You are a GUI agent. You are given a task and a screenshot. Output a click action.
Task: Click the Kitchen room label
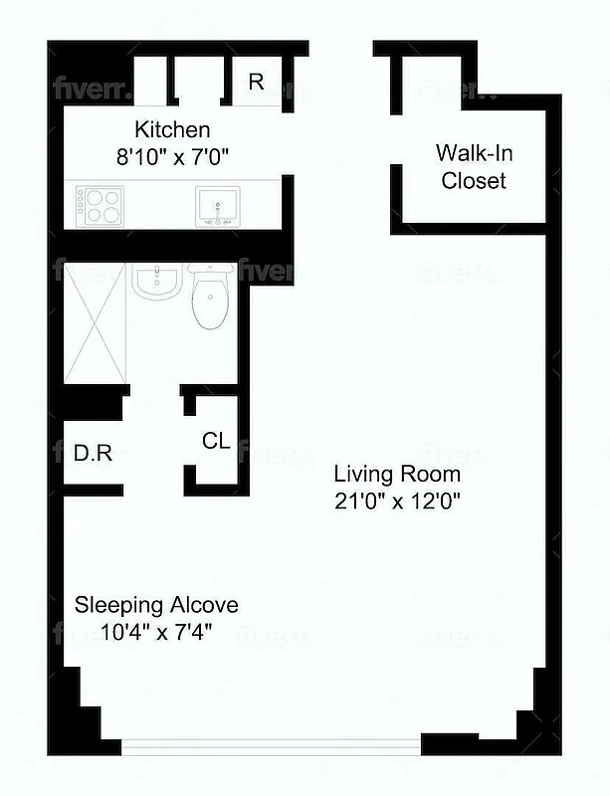click(172, 129)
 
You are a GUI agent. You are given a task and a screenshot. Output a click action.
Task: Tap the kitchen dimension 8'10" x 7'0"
click(172, 155)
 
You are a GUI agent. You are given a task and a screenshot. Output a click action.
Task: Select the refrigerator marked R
click(256, 82)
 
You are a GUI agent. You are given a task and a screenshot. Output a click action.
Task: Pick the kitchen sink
click(216, 207)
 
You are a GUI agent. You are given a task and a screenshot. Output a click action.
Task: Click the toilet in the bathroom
click(209, 297)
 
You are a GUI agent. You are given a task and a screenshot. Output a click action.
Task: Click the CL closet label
click(216, 441)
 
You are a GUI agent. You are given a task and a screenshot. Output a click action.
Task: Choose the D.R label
click(93, 455)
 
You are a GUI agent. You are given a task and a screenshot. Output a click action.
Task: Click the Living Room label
click(396, 474)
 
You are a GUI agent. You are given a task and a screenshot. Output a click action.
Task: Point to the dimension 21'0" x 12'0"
click(396, 500)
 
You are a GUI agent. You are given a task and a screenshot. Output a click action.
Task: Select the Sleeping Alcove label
click(157, 605)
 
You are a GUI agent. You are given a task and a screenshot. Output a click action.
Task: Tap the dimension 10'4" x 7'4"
click(157, 631)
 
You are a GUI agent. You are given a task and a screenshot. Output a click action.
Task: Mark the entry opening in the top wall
click(340, 48)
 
